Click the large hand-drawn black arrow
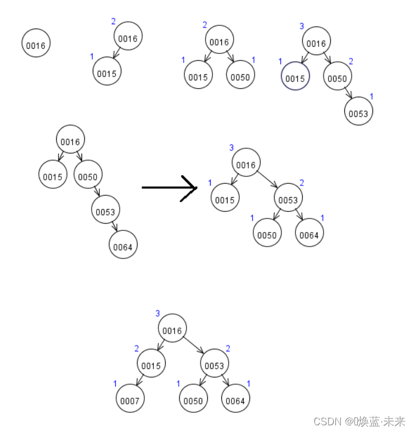(169, 187)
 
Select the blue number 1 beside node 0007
(115, 384)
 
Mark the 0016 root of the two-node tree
(128, 38)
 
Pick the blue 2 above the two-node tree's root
(113, 21)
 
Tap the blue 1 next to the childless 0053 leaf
(371, 97)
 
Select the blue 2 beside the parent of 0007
(137, 349)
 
